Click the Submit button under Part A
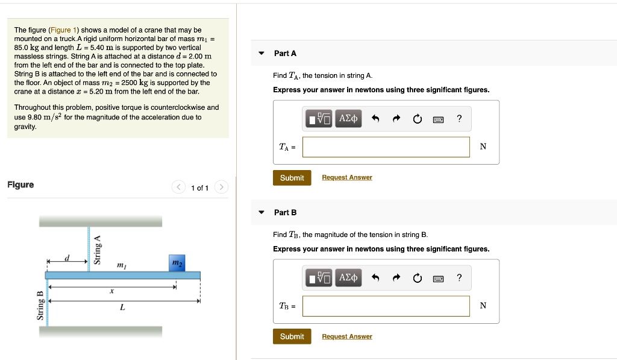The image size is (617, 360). point(292,178)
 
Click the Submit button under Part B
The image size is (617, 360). point(292,336)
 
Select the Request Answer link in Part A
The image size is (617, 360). point(347,177)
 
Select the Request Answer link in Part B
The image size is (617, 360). point(347,336)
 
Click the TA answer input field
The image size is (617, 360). point(386,147)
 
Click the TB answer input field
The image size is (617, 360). point(386,306)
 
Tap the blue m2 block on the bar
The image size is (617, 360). point(177,264)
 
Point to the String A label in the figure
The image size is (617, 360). point(97,250)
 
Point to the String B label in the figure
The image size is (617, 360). point(40,306)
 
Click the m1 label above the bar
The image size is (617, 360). point(121,265)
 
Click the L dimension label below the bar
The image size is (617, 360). point(122,308)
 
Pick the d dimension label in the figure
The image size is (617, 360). point(67,258)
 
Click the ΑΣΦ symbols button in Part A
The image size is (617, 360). point(348,119)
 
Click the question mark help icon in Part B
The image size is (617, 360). point(460,277)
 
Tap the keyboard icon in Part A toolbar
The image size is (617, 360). point(439,119)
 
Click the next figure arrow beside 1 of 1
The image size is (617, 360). point(221,188)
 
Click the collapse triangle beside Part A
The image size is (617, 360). point(262,53)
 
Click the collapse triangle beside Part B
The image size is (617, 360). point(262,212)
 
